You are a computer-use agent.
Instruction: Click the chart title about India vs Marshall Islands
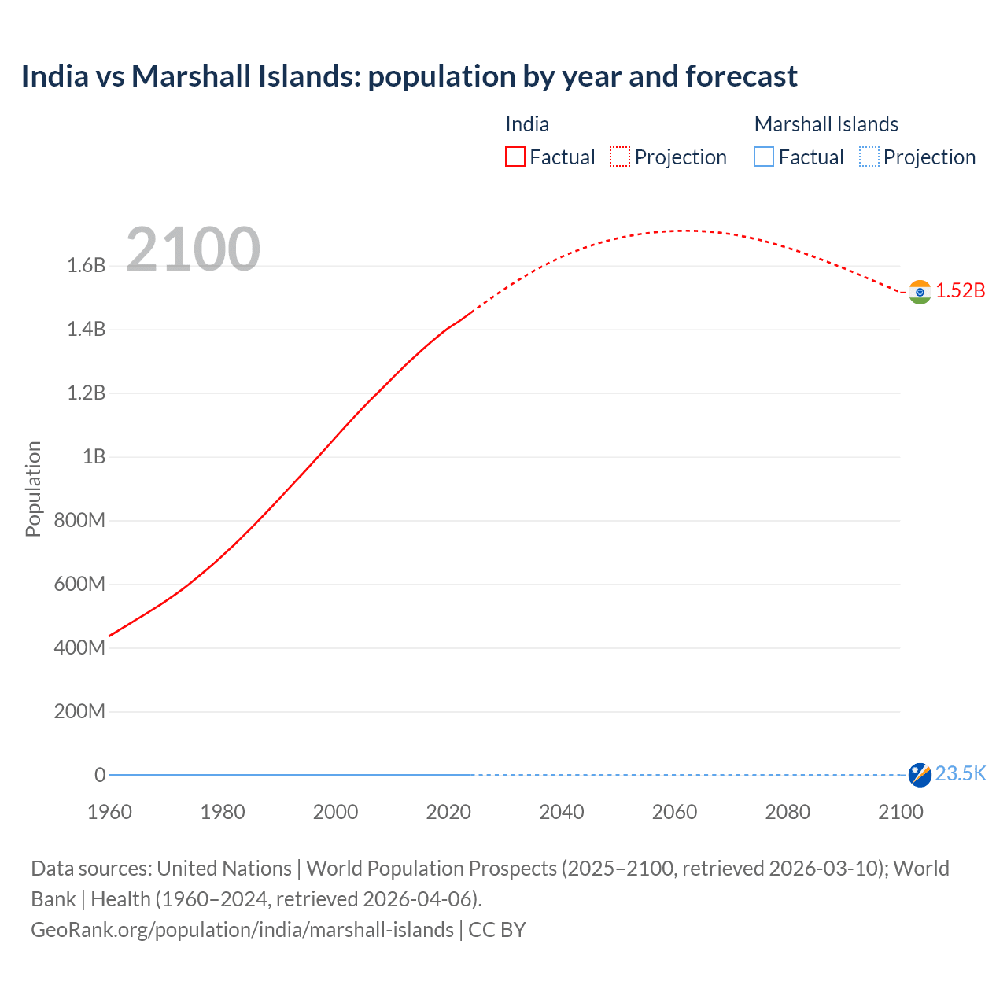pyautogui.click(x=409, y=76)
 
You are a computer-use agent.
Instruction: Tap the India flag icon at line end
pyautogui.click(x=920, y=292)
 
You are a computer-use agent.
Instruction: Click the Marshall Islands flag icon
pyautogui.click(x=920, y=775)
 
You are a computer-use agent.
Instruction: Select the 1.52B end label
pyautogui.click(x=961, y=291)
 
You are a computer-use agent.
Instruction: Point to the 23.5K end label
pyautogui.click(x=961, y=774)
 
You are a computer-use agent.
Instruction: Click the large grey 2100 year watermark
pyautogui.click(x=193, y=249)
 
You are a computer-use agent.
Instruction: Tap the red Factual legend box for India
pyautogui.click(x=515, y=157)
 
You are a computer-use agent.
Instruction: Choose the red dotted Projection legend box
pyautogui.click(x=620, y=157)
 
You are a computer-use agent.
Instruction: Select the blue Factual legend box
pyautogui.click(x=764, y=157)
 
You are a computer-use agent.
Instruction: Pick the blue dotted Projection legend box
pyautogui.click(x=869, y=157)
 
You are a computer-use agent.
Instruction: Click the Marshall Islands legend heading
pyautogui.click(x=826, y=124)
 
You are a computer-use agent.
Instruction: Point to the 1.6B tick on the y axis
pyautogui.click(x=87, y=266)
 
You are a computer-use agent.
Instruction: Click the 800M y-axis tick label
pyautogui.click(x=79, y=521)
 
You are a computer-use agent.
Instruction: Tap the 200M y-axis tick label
pyautogui.click(x=79, y=712)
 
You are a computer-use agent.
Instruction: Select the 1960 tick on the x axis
pyautogui.click(x=109, y=812)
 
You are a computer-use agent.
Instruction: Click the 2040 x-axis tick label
pyautogui.click(x=562, y=812)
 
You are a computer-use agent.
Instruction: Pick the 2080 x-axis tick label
pyautogui.click(x=788, y=812)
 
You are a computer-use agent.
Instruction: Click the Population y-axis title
pyautogui.click(x=33, y=489)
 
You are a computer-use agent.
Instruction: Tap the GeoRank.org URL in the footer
pyautogui.click(x=242, y=930)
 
